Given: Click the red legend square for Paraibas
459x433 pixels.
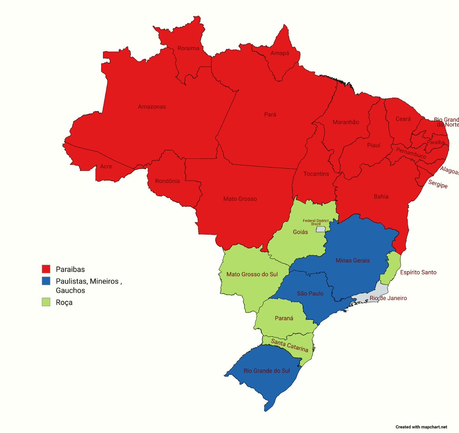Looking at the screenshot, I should click(x=46, y=269).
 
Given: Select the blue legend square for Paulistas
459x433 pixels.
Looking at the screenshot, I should click(x=46, y=281).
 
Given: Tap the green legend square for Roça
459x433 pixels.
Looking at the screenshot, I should click(x=46, y=302).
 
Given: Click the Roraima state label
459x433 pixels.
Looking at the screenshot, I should click(x=188, y=48).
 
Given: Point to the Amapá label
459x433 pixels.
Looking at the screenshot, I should click(x=280, y=53).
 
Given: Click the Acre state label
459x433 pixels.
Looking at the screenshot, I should click(x=106, y=167).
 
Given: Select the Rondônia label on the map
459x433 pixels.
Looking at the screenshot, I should click(x=167, y=181).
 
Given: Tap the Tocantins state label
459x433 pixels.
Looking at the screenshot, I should click(x=316, y=174).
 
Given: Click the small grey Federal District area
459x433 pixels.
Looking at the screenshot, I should click(x=321, y=229).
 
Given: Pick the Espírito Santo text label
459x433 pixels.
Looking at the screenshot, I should click(x=418, y=272).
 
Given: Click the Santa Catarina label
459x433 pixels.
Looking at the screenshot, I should click(x=290, y=345).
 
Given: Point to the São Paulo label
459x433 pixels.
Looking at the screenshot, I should click(x=310, y=293).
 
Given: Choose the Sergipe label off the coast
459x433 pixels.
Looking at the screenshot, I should click(x=438, y=184).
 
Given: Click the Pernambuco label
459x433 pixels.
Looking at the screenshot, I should click(x=411, y=153).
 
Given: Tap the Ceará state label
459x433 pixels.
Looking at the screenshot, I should click(x=403, y=119).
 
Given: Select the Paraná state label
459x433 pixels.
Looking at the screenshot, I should click(x=284, y=318).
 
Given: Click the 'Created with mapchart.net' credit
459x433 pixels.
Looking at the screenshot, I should click(x=421, y=427).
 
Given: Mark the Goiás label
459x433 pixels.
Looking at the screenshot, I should click(x=300, y=232).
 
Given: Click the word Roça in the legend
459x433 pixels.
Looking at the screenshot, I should click(x=64, y=302).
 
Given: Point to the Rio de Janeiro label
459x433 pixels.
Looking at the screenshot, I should click(x=388, y=298).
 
